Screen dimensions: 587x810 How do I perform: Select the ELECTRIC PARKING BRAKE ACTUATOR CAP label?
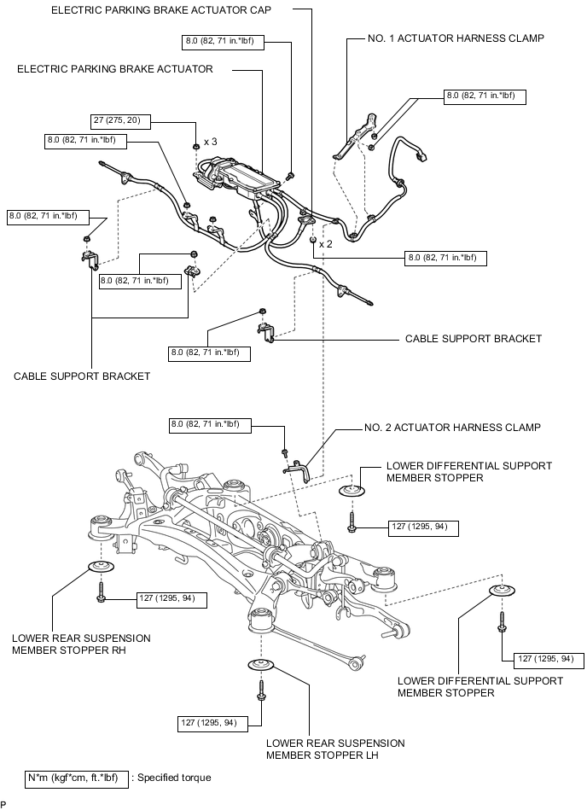pos(161,9)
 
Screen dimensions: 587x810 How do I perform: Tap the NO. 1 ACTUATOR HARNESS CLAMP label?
pos(456,38)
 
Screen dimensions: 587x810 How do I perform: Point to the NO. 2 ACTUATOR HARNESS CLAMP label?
pos(453,428)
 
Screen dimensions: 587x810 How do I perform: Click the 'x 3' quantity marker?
pos(210,142)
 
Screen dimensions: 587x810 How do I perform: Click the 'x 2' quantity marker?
pos(326,244)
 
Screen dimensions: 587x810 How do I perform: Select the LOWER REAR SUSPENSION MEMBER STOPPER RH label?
pos(82,644)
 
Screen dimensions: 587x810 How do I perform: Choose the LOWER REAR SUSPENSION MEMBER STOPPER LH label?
pos(335,749)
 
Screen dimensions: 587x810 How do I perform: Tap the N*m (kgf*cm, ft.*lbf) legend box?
pos(77,778)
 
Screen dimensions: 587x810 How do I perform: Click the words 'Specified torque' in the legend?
pos(174,778)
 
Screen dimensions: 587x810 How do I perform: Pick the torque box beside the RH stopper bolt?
pos(171,600)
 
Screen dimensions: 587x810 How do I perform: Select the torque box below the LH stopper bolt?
pos(213,723)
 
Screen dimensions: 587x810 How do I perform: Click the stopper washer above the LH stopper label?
pos(262,664)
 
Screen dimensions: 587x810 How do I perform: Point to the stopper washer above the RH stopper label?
pos(102,566)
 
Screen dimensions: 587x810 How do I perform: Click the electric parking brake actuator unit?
pos(239,178)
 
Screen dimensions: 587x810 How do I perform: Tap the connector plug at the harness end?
pos(421,155)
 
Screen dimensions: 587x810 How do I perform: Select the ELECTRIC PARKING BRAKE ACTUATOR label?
pos(115,69)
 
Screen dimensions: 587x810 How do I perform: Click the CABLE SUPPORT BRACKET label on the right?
pos(474,339)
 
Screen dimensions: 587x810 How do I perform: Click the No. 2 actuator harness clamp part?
pos(297,469)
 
